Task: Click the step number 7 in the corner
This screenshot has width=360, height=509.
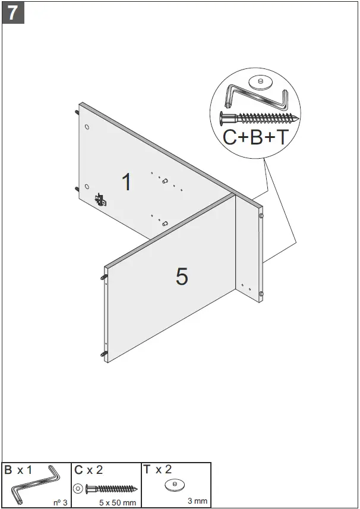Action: click(x=13, y=12)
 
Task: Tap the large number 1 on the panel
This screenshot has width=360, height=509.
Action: click(x=126, y=182)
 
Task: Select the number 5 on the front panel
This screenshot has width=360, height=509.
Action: click(x=182, y=276)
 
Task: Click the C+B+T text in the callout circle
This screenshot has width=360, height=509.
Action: click(x=255, y=137)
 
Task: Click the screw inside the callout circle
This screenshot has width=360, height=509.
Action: click(x=258, y=117)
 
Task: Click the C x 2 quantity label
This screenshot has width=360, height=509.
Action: click(x=89, y=470)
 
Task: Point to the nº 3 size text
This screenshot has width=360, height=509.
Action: click(x=61, y=502)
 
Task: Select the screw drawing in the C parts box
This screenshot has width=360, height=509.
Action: click(x=112, y=489)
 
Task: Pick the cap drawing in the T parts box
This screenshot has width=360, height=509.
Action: click(x=175, y=485)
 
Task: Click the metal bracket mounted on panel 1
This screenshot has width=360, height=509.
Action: click(x=100, y=199)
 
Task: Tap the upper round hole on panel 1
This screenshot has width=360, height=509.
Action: click(x=87, y=127)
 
